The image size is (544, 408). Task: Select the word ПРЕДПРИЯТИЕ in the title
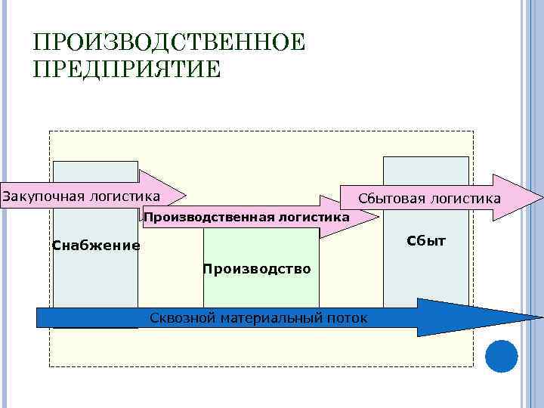[127, 70]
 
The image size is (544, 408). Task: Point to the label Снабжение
[96, 245]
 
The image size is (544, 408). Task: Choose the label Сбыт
[426, 241]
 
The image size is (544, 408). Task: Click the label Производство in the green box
[257, 269]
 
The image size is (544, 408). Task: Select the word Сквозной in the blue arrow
[183, 318]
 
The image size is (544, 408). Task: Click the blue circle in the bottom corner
[501, 356]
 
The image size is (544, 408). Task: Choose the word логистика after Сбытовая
[465, 198]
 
